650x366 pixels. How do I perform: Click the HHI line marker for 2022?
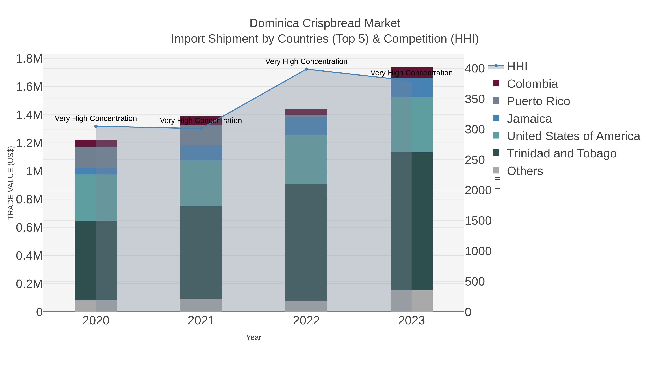tap(306, 69)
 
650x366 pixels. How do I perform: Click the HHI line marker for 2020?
tap(96, 126)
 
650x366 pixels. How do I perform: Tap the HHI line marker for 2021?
tap(201, 128)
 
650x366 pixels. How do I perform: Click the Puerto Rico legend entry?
tap(538, 101)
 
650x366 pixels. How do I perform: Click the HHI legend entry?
tap(517, 67)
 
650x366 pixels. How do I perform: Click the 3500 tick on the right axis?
tap(475, 99)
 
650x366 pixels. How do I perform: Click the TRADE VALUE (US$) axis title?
tap(11, 183)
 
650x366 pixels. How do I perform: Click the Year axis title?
tap(254, 337)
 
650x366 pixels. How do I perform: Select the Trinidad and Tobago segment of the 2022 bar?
tap(306, 243)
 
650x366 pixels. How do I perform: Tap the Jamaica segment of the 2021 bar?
tap(201, 153)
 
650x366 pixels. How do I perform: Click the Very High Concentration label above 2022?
tap(306, 61)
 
